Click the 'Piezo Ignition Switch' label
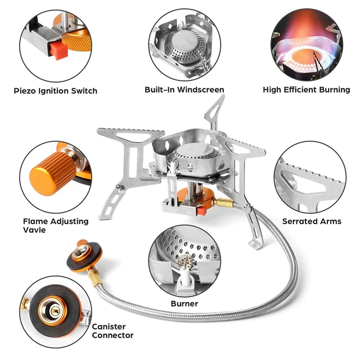click(x=56, y=91)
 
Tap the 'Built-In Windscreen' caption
click(x=184, y=90)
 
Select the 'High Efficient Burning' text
click(x=305, y=90)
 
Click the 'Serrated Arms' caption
click(x=312, y=221)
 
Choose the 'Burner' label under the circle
click(x=184, y=304)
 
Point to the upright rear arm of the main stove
click(x=213, y=115)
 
